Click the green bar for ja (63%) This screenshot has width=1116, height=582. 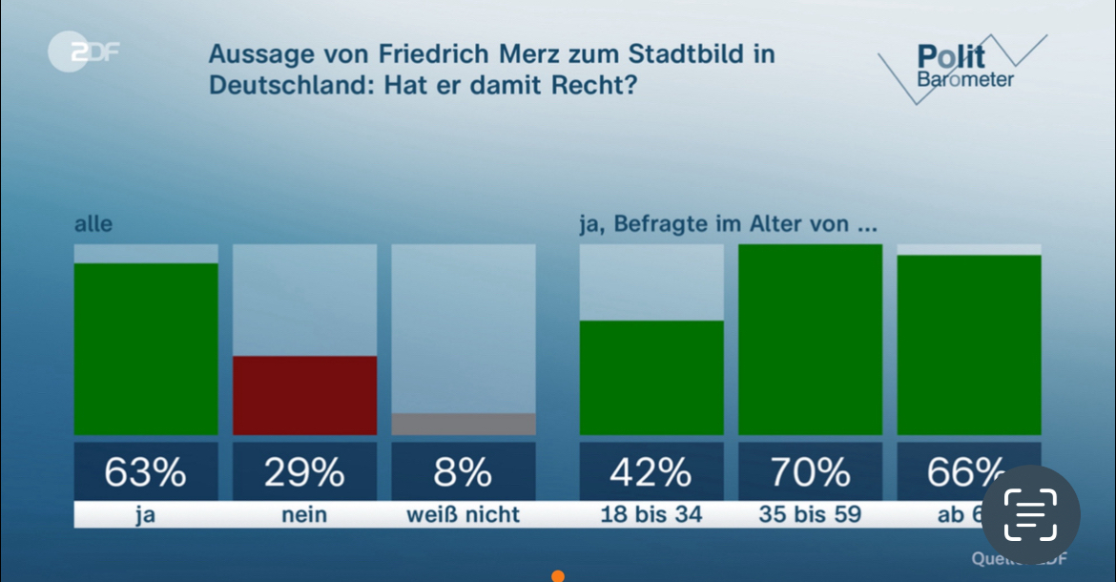tap(146, 349)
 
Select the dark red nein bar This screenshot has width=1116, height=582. tap(305, 395)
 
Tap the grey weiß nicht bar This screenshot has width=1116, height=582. tap(464, 424)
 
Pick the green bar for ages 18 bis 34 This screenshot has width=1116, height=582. tap(651, 378)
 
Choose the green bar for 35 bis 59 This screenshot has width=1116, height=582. tap(810, 340)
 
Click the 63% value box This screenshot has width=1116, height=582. tap(146, 471)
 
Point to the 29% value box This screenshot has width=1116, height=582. tap(305, 471)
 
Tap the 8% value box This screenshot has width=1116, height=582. tap(464, 471)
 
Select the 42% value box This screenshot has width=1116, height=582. tap(651, 471)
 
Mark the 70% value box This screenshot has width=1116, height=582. tap(810, 471)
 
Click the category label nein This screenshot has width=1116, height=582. tap(305, 514)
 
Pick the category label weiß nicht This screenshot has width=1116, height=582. tap(464, 514)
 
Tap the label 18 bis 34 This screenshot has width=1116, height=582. tap(651, 514)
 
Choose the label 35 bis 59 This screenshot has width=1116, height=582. tap(810, 514)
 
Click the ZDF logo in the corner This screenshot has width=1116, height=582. tap(83, 52)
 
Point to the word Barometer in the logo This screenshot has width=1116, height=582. tap(965, 80)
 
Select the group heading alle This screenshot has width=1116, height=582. tap(93, 225)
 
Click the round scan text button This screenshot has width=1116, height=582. tap(1031, 514)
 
